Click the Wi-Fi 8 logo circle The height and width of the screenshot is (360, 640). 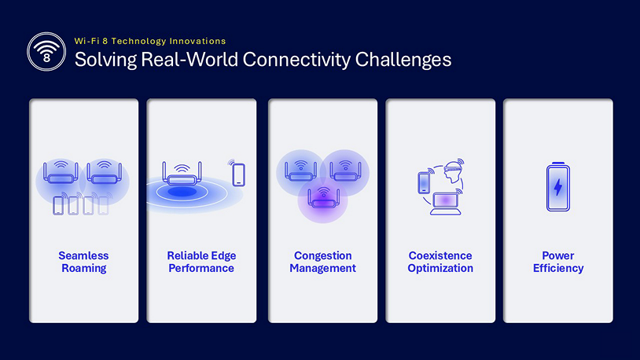pyautogui.click(x=46, y=51)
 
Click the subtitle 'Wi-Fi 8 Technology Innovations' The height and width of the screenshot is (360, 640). pyautogui.click(x=149, y=41)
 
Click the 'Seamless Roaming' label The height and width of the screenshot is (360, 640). pyautogui.click(x=83, y=262)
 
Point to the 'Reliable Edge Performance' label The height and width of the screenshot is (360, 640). pyautogui.click(x=201, y=262)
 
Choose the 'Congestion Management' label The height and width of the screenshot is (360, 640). pyautogui.click(x=322, y=262)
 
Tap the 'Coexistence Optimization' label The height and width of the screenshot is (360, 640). pyautogui.click(x=440, y=262)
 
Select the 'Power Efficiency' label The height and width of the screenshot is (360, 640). pyautogui.click(x=558, y=262)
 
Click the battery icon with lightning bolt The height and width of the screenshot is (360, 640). pyautogui.click(x=558, y=187)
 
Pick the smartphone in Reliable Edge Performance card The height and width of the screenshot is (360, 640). pyautogui.click(x=238, y=174)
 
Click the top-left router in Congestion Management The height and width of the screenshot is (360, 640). pyautogui.click(x=300, y=170)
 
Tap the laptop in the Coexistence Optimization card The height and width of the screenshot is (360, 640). pyautogui.click(x=444, y=201)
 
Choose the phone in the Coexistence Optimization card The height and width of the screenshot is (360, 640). pyautogui.click(x=424, y=182)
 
